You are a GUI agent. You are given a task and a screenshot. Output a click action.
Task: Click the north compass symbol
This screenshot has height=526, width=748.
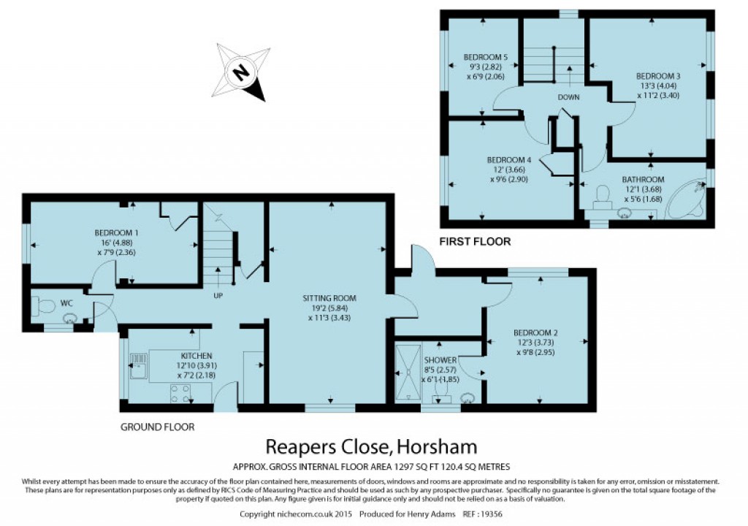240,72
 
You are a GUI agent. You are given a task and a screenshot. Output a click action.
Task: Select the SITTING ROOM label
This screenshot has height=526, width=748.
329,298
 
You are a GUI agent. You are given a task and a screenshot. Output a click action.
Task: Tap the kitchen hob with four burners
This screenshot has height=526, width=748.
180,394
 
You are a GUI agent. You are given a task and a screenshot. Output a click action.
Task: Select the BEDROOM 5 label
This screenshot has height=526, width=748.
485,57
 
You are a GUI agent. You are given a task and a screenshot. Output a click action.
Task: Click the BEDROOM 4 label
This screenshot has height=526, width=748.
508,160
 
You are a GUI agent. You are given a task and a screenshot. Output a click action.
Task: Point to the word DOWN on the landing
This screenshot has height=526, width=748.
568,97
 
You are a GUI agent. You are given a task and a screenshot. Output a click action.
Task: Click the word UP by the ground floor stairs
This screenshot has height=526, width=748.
218,296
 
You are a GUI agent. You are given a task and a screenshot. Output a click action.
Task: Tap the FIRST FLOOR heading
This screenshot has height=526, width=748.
475,241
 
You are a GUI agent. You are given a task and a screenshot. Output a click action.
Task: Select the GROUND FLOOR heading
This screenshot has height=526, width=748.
157,427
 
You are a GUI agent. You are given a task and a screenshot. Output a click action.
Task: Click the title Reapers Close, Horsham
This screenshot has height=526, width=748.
371,445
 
